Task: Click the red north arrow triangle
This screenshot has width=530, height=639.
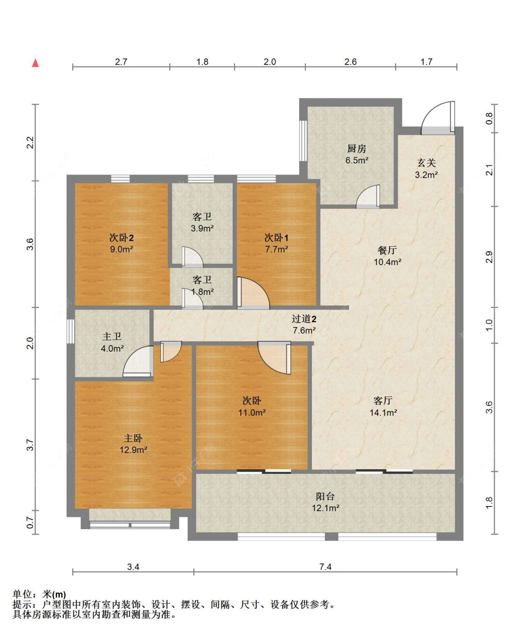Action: tap(35, 63)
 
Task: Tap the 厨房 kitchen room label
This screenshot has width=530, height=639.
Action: tap(357, 149)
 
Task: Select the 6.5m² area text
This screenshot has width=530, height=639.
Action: tap(357, 160)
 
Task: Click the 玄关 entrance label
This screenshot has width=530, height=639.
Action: tap(426, 163)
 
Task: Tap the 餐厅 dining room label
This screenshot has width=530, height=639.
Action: tap(387, 250)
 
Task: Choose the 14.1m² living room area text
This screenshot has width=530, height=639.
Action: tap(383, 413)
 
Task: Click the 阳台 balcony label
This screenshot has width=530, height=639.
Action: tap(325, 496)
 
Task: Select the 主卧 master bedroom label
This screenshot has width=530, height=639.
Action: tap(133, 438)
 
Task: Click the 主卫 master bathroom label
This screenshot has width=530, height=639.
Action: tap(112, 337)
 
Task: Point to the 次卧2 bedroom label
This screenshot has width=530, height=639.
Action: tap(122, 238)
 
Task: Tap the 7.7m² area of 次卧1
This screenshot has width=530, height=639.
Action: tap(277, 249)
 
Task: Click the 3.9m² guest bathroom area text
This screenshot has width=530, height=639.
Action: tap(202, 228)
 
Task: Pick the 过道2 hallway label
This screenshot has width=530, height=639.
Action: tap(304, 319)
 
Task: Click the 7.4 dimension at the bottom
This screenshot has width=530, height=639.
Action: tap(326, 567)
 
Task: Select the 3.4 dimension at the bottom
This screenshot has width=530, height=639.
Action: tap(133, 567)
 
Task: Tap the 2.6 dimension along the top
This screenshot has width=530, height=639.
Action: tap(351, 62)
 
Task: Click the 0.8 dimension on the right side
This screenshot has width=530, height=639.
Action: tap(489, 118)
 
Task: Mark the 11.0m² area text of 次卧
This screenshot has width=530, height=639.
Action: tap(252, 413)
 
